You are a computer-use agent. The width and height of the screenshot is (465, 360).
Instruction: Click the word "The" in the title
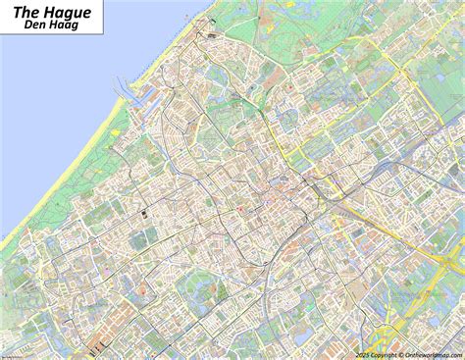[25, 12]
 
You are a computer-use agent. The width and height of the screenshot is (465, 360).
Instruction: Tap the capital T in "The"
[15, 12]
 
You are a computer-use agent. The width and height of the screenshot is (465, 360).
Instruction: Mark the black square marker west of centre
[142, 212]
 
